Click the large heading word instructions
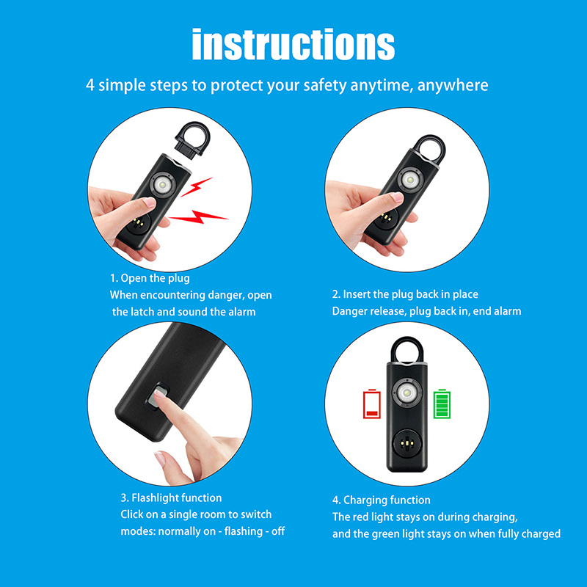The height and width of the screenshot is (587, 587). [x=293, y=44]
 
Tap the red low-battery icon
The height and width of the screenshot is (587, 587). [x=372, y=404]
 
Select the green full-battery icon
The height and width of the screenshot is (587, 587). [x=442, y=404]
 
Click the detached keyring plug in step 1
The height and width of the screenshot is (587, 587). [x=193, y=139]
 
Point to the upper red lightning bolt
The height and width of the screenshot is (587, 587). [x=196, y=186]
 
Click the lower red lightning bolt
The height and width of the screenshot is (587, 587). [x=197, y=217]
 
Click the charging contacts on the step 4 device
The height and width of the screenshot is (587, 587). [x=406, y=444]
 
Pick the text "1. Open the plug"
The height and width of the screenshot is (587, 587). [x=150, y=278]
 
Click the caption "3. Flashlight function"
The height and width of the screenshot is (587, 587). [x=171, y=497]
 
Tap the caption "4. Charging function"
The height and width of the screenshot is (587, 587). [x=382, y=500]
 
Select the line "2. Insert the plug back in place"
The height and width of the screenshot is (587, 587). [x=405, y=294]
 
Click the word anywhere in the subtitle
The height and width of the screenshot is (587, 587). [x=453, y=85]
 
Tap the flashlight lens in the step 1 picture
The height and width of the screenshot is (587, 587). [x=163, y=185]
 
